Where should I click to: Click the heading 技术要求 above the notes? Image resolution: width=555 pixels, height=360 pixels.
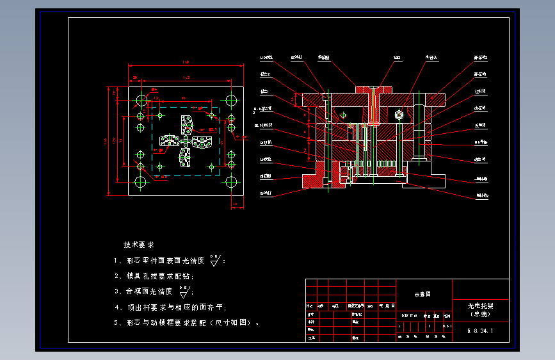[139, 245]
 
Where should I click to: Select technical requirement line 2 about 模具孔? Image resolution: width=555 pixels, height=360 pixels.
[154, 276]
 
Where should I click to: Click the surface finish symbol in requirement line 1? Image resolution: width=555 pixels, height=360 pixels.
[215, 260]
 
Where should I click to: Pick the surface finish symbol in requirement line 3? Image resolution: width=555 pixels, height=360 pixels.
[184, 291]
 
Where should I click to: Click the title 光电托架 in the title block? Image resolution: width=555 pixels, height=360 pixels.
[481, 306]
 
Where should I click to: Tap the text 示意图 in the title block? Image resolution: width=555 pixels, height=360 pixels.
[423, 294]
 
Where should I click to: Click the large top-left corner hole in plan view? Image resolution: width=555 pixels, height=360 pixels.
[141, 100]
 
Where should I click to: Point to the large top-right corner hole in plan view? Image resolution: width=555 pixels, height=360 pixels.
[231, 100]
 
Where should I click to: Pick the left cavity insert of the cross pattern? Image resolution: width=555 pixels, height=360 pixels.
[169, 142]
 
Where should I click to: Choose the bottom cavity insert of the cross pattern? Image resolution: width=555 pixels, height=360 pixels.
[186, 158]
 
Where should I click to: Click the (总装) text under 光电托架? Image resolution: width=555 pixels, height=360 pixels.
[481, 315]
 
